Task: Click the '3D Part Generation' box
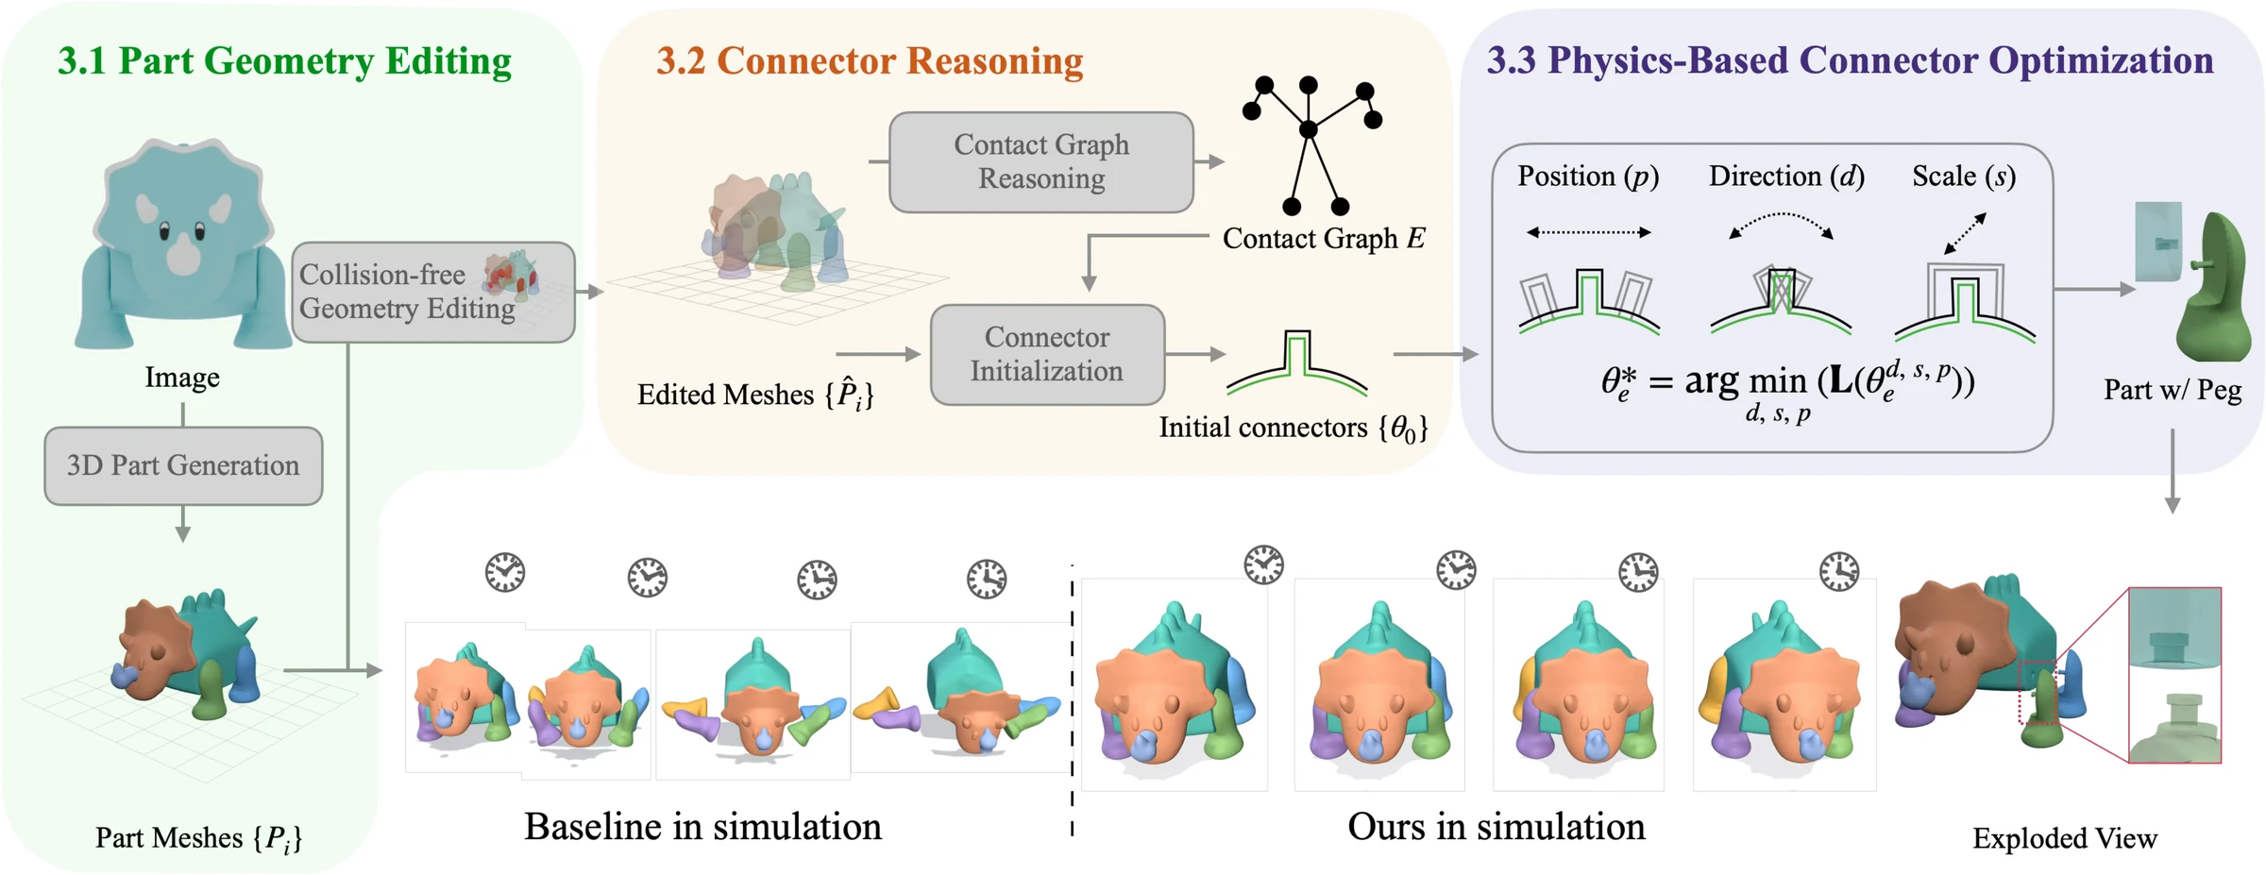coord(183,465)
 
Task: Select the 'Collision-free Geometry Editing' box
coord(433,292)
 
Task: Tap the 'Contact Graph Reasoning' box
coord(1041,161)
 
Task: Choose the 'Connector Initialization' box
coord(1047,354)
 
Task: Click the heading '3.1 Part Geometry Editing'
coord(284,61)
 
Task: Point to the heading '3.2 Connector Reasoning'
coord(870,61)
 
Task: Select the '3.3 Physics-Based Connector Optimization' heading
coord(1850,61)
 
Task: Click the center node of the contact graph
coord(1308,129)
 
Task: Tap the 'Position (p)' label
coord(1588,177)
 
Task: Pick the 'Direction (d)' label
coord(1786,177)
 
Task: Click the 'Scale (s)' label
coord(1964,177)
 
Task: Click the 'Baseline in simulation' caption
coord(702,826)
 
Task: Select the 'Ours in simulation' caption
coord(1497,826)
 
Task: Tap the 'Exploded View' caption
coord(2065,838)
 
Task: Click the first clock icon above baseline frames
coord(505,572)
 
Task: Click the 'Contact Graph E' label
coord(1324,239)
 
